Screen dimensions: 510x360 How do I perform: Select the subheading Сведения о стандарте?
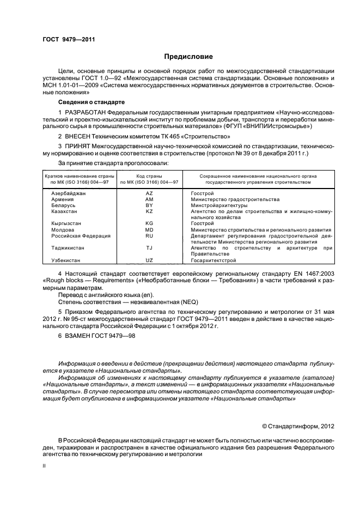point(91,102)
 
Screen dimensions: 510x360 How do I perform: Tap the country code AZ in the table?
point(149,193)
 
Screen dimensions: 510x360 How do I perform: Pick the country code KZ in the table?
point(149,211)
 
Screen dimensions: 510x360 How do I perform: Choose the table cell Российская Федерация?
point(81,236)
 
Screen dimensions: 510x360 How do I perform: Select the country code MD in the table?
point(149,230)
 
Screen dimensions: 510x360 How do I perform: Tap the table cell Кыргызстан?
point(68,223)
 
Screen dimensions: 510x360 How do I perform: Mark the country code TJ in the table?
point(149,248)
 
